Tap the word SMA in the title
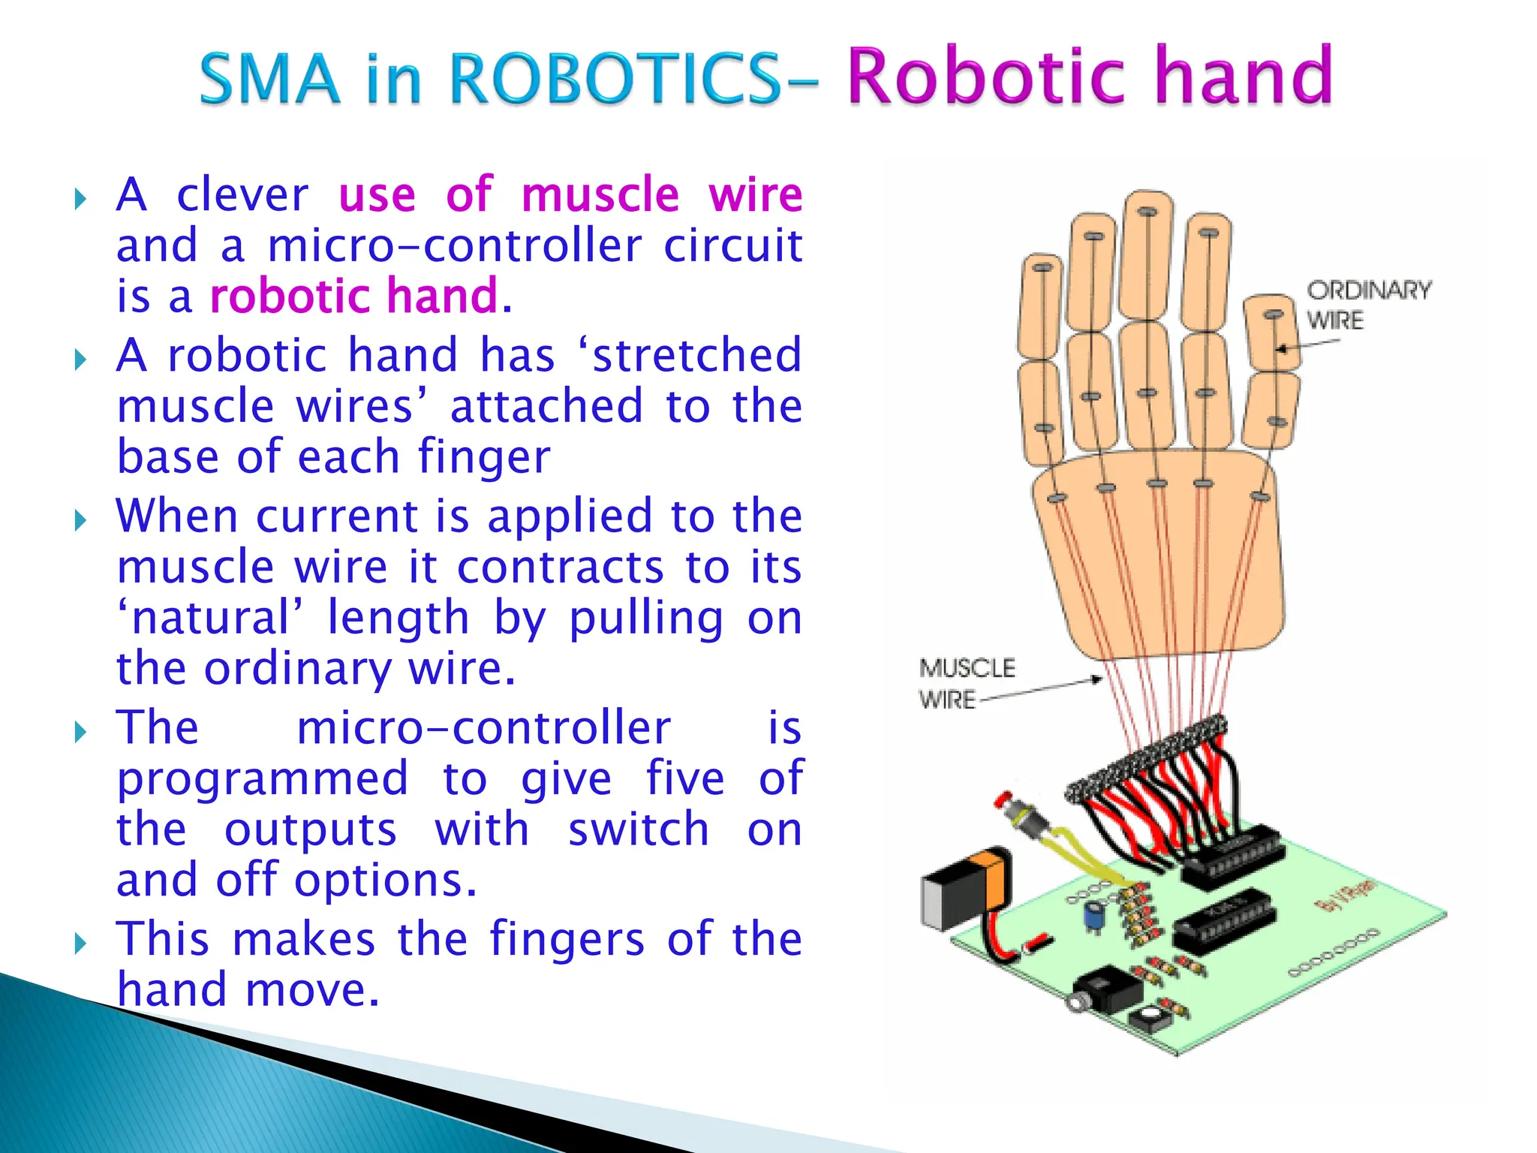pyautogui.click(x=270, y=78)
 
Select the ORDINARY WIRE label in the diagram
pyautogui.click(x=1367, y=305)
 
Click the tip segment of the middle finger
pyautogui.click(x=1145, y=255)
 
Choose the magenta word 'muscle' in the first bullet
pyautogui.click(x=600, y=194)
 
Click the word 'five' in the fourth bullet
pyautogui.click(x=685, y=778)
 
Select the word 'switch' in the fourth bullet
pyautogui.click(x=638, y=829)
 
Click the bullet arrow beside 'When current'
pyautogui.click(x=81, y=519)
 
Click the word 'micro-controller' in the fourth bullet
pyautogui.click(x=483, y=728)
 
